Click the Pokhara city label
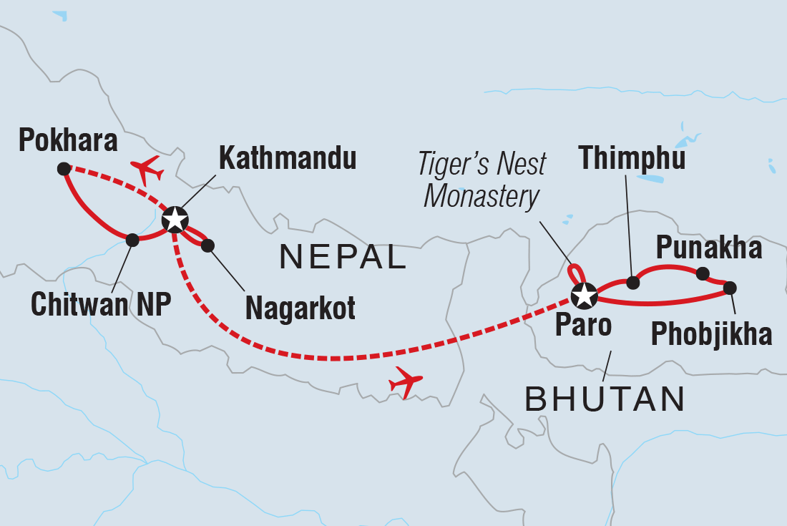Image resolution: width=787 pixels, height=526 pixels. point(68,141)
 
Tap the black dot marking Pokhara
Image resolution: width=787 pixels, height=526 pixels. point(64,169)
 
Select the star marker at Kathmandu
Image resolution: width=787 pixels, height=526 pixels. point(175,220)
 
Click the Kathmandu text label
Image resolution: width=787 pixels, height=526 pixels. point(288,158)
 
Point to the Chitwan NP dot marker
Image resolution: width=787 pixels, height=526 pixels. point(132,240)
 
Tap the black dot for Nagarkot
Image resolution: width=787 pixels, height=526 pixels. point(207,245)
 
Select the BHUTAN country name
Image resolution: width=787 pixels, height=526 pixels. point(605,398)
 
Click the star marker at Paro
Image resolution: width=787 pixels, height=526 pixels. point(584,293)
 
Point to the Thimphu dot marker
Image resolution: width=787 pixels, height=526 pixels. point(632,283)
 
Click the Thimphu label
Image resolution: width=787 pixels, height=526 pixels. point(632,159)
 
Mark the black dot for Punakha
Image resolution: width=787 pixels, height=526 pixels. point(703,273)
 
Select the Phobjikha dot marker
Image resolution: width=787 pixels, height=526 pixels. point(729,288)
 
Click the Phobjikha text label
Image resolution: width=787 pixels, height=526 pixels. point(711,334)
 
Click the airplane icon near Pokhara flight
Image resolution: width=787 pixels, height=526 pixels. point(147,170)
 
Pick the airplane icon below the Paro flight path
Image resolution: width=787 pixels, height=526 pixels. point(406,383)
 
